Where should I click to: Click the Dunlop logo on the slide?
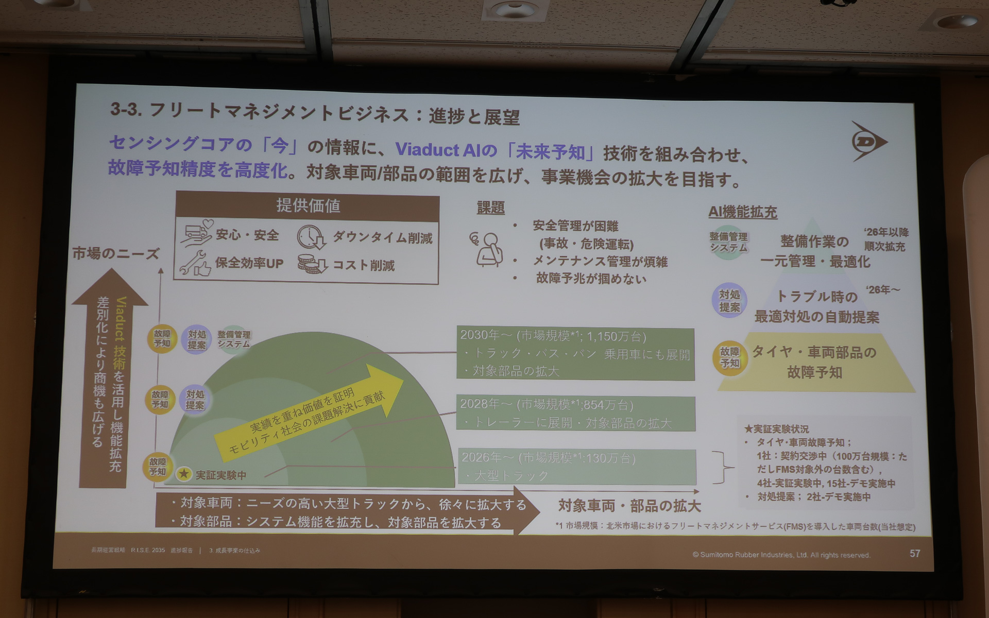(868, 142)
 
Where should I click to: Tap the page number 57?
(915, 554)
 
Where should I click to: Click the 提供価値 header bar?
(308, 206)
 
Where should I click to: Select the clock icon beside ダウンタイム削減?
(311, 237)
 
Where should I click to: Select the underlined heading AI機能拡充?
(742, 212)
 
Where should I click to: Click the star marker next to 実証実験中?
(184, 474)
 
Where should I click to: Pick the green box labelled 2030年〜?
(575, 353)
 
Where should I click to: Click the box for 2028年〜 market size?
(575, 413)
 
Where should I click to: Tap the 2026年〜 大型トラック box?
(576, 466)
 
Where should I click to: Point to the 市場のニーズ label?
(115, 253)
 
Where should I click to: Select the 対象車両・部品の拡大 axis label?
(629, 506)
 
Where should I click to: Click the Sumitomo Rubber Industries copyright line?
(781, 555)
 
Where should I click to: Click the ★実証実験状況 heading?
(776, 428)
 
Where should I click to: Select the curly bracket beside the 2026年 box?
(722, 468)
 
